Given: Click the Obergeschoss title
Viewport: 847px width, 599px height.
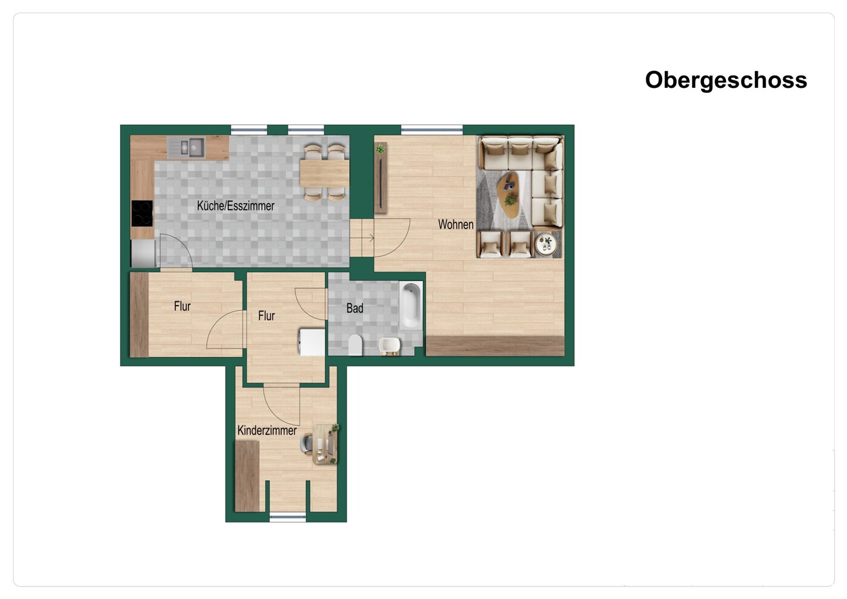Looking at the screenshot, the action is [x=726, y=81].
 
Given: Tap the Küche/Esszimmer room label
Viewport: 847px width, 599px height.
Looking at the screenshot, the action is [x=236, y=206].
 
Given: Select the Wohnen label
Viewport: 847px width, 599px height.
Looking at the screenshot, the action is [x=456, y=224].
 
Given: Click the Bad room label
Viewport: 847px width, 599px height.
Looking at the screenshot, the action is [x=354, y=309].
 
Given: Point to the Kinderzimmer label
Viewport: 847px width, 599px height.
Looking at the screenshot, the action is [x=267, y=430].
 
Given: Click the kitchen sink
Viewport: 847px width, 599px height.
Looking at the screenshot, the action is [x=187, y=147].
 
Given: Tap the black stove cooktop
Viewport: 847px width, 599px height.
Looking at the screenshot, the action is [x=142, y=213].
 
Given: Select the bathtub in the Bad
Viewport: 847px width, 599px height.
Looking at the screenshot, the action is [x=411, y=305].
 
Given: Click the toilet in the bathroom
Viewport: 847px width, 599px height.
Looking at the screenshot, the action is [x=355, y=345].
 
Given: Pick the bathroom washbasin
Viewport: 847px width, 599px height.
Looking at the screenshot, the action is [x=390, y=346].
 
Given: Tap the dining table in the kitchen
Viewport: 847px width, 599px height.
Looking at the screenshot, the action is [x=324, y=173].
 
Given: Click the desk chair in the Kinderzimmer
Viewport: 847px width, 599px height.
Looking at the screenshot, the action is [x=307, y=443].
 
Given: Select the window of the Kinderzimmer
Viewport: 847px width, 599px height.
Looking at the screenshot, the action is [x=288, y=517].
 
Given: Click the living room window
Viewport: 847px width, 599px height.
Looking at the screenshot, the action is [x=432, y=129].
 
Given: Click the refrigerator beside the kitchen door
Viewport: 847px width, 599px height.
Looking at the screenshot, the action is [x=144, y=253].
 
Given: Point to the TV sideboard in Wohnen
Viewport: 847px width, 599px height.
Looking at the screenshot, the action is [x=380, y=178].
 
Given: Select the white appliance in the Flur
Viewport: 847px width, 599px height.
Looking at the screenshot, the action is [x=312, y=343].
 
